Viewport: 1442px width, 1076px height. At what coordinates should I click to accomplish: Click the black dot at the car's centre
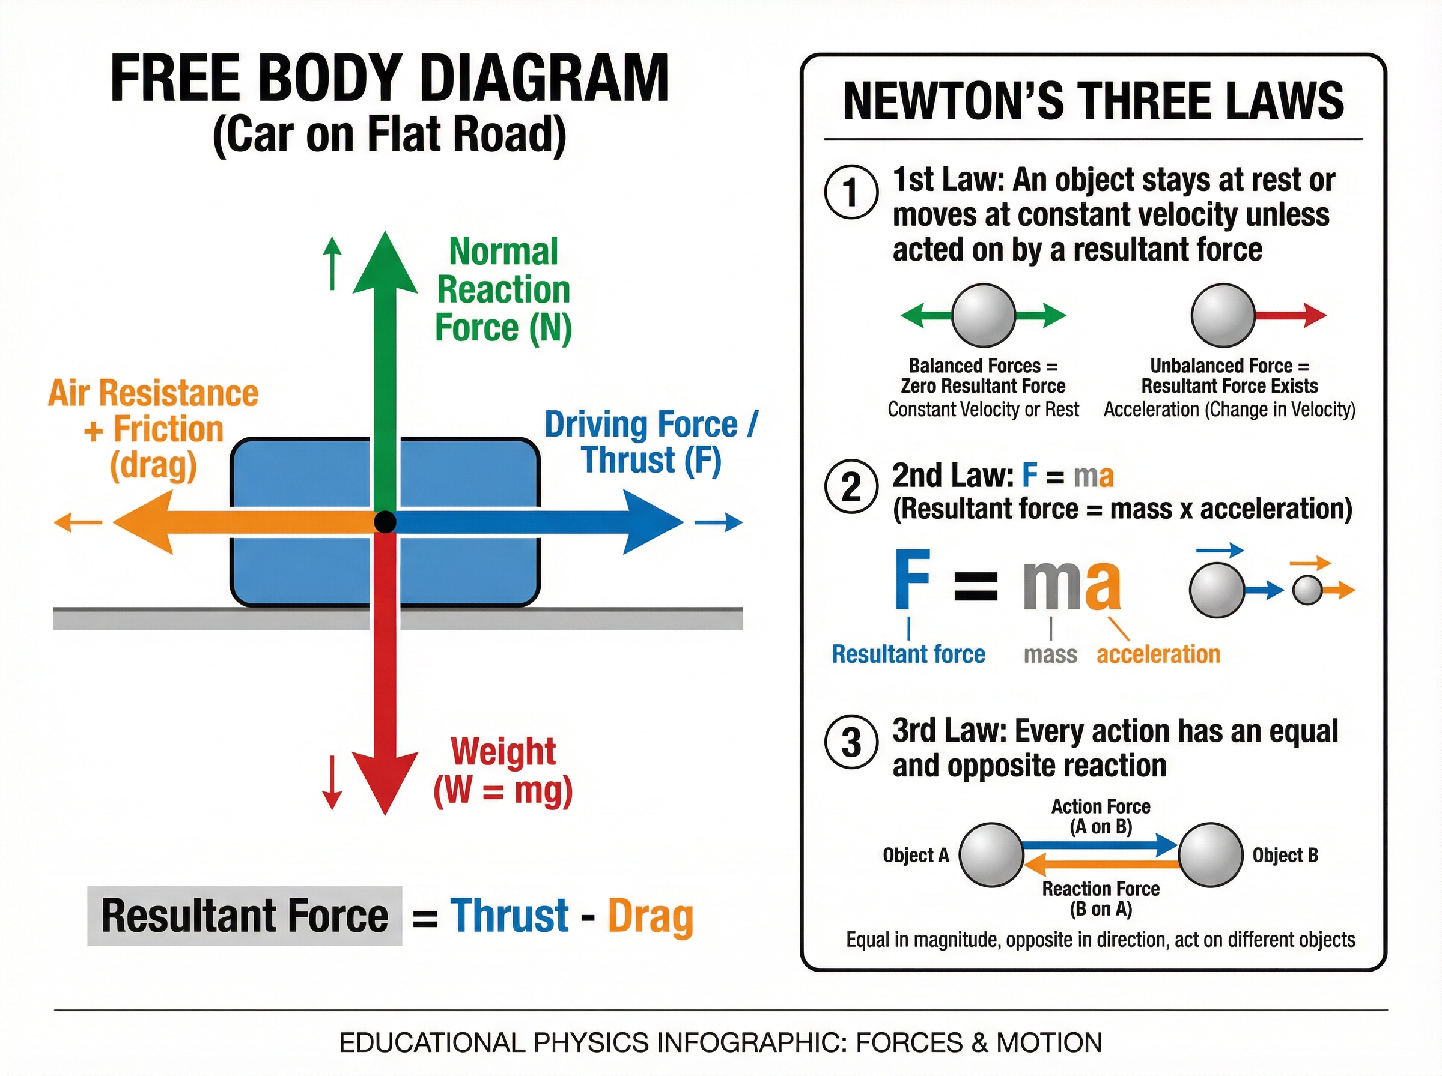385,522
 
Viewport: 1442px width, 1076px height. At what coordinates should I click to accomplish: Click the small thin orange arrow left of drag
78,522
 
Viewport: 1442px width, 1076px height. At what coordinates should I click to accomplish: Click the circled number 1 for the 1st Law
851,193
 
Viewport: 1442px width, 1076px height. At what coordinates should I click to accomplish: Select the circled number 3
851,743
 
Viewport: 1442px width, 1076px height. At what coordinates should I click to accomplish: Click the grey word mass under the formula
1050,654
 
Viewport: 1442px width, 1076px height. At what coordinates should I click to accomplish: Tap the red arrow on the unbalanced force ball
1290,315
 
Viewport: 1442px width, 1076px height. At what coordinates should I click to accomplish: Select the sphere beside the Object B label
1210,855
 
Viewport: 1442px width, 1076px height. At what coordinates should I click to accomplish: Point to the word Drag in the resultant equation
650,917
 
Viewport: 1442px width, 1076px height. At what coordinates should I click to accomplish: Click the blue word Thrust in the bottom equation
510,916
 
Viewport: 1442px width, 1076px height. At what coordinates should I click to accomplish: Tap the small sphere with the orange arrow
1307,591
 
